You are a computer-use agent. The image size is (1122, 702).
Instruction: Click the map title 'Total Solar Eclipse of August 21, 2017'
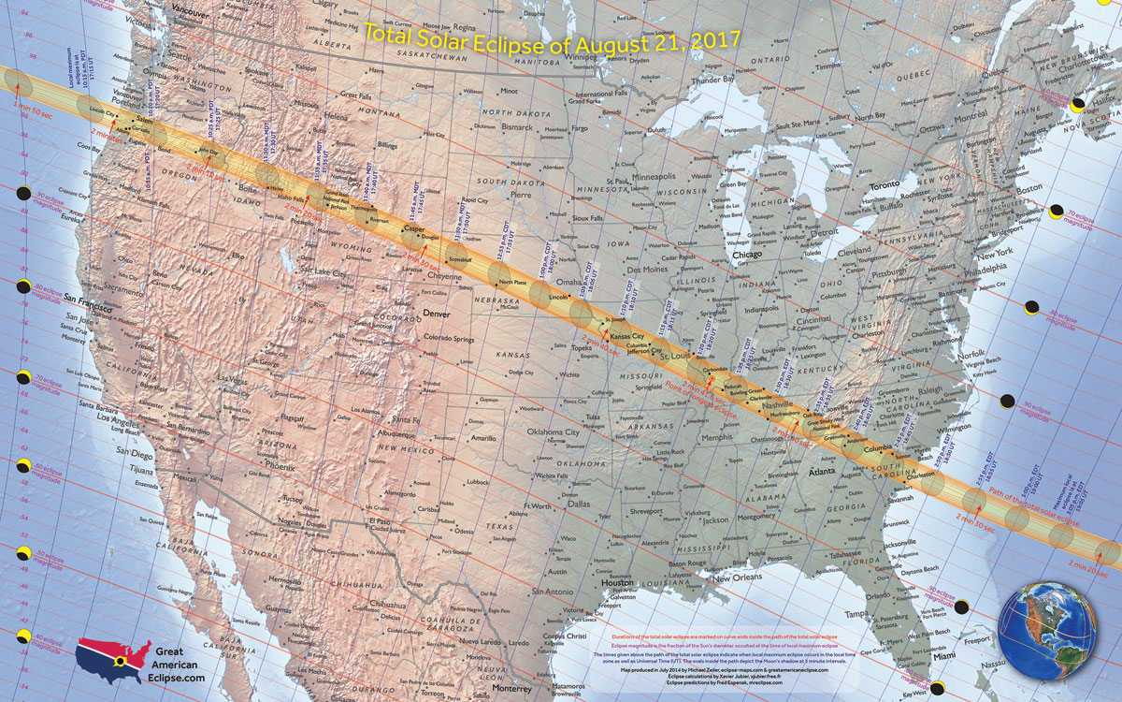552,38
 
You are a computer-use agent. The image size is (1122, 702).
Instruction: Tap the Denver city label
439,314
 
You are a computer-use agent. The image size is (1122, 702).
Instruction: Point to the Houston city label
617,582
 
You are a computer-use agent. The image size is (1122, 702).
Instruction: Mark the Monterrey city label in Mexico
499,685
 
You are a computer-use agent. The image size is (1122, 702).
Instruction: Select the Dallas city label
580,503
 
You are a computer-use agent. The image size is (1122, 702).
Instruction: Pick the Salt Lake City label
324,271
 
